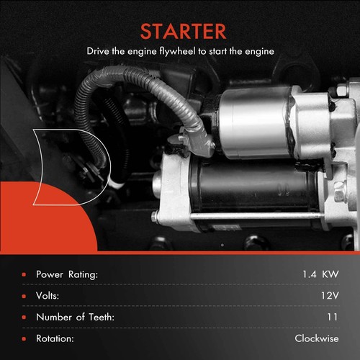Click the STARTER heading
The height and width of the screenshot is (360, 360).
[x=179, y=32]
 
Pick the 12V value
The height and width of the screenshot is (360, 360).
[x=328, y=295]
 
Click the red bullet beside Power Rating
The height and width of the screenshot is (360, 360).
[x=24, y=274]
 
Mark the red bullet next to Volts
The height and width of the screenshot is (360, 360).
[x=24, y=295]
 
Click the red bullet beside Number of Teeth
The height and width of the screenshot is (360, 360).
[x=24, y=317]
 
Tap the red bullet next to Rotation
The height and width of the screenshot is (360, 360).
[x=24, y=338]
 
